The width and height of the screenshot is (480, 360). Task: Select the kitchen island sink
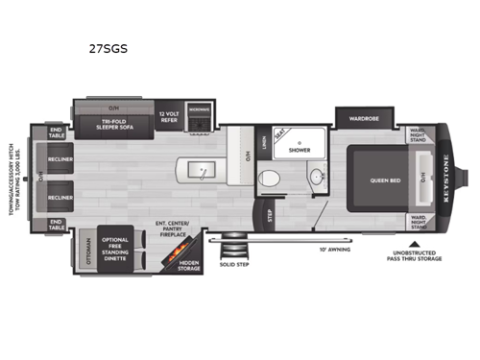203,171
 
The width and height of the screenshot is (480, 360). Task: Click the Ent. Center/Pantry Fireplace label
173,228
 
